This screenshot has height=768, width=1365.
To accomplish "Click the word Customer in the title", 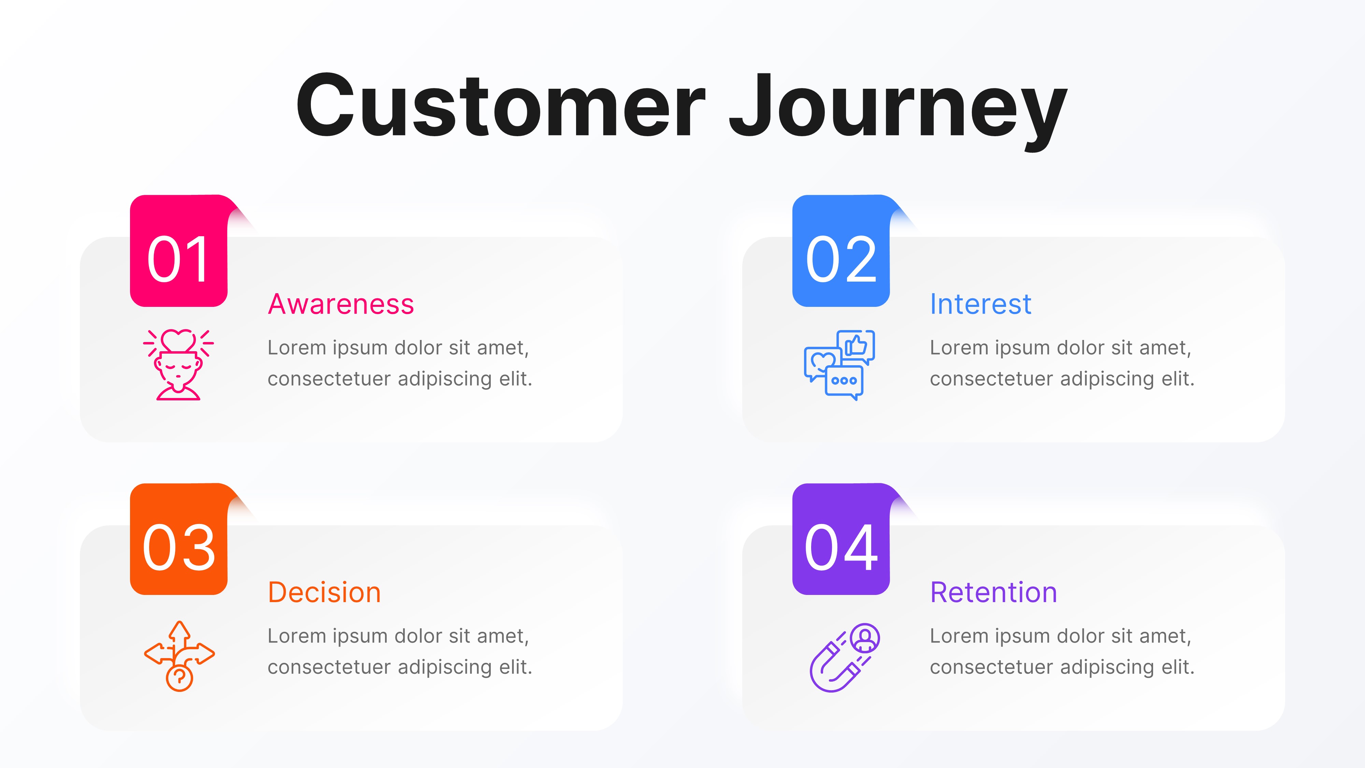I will coord(500,106).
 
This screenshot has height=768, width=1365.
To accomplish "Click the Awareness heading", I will coord(341,304).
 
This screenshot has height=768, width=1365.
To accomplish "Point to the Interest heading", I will coord(980,304).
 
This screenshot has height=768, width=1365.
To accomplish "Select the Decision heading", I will coord(324,593).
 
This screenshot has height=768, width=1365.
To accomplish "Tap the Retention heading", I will coord(993,593).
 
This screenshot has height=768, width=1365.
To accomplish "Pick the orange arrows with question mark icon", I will coord(179,656).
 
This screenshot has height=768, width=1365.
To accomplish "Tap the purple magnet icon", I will coord(844,657).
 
